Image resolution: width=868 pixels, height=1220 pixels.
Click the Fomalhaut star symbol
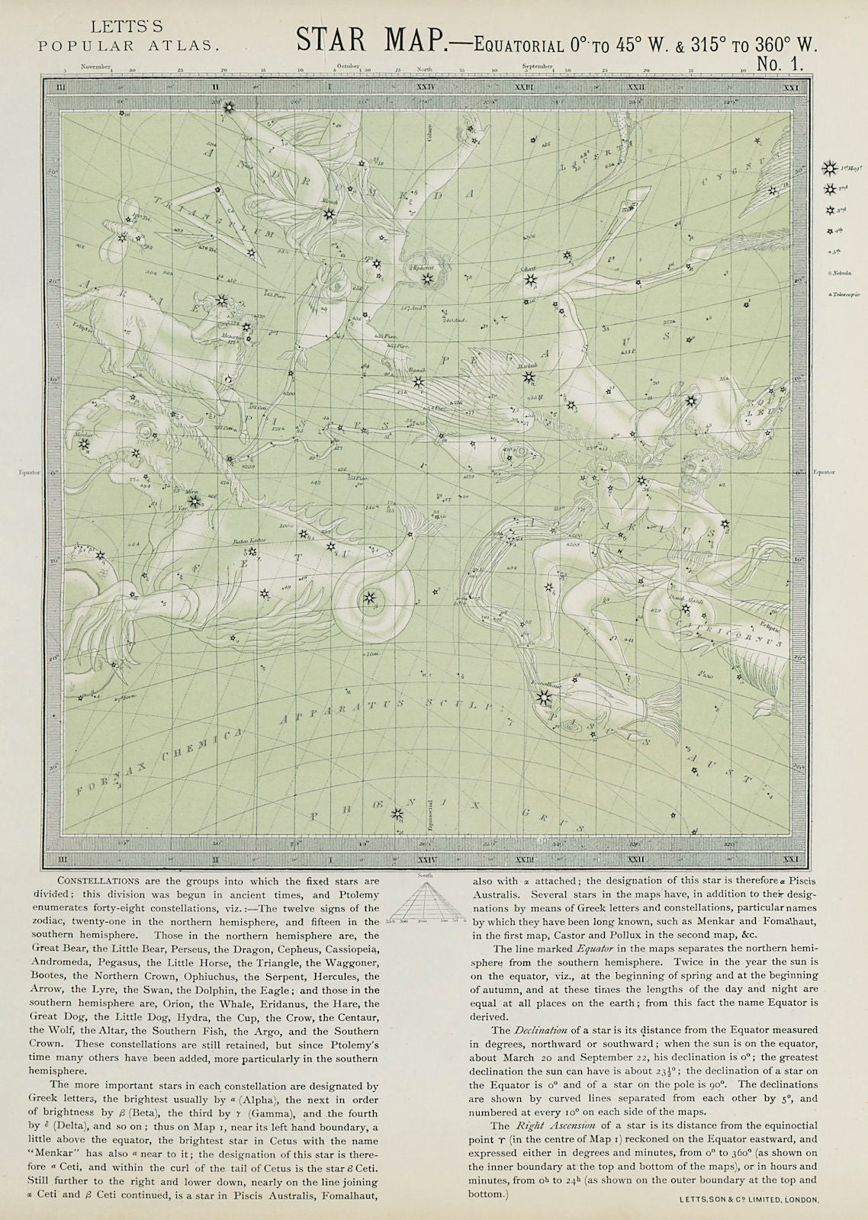pos(543,697)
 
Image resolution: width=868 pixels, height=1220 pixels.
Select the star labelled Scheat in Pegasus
pos(529,281)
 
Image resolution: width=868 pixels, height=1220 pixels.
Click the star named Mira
pos(194,502)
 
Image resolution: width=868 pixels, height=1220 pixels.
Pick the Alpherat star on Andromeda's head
pos(426,279)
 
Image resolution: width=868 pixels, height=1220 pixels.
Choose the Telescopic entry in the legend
pos(840,293)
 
